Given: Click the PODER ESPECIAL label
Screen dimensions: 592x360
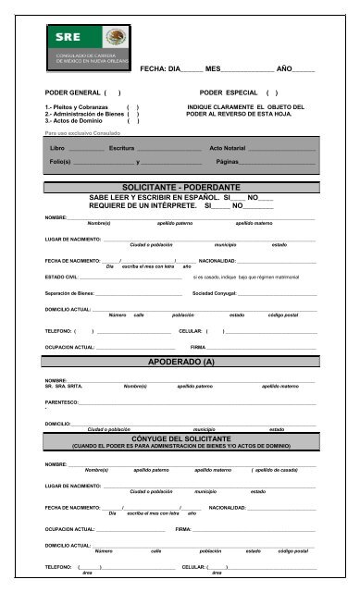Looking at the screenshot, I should click(226, 94).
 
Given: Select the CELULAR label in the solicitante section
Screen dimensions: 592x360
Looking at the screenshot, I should click(190, 330).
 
